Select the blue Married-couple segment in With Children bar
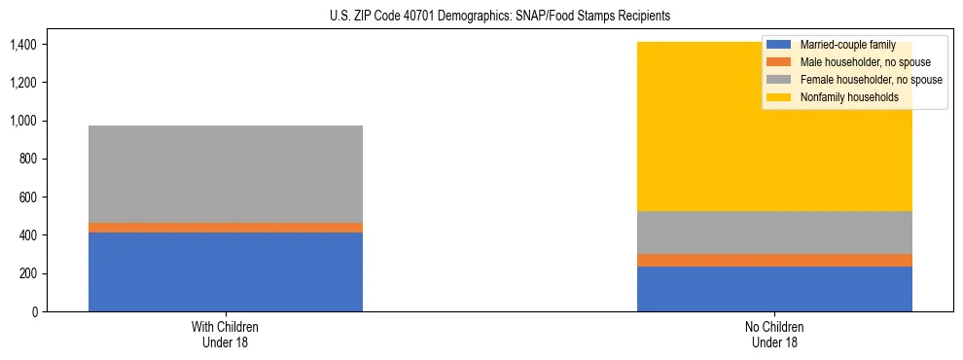tap(226, 271)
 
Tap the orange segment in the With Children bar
tap(226, 228)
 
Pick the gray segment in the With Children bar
tap(226, 174)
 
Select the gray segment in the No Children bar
tap(774, 233)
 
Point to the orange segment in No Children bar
tap(774, 260)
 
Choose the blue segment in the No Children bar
tap(774, 289)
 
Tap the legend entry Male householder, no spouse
tap(864, 62)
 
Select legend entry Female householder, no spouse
tap(869, 80)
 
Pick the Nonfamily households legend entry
tap(847, 97)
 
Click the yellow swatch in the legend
tap(779, 97)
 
